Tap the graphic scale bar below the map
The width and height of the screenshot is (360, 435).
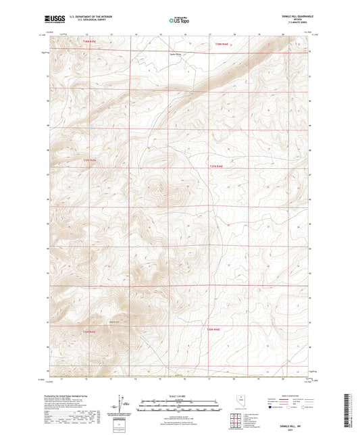pos(180,404)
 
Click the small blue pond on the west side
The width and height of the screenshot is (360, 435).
pos(90,126)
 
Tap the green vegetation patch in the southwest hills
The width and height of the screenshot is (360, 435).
pos(123,307)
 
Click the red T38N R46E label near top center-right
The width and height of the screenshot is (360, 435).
pos(217,44)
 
